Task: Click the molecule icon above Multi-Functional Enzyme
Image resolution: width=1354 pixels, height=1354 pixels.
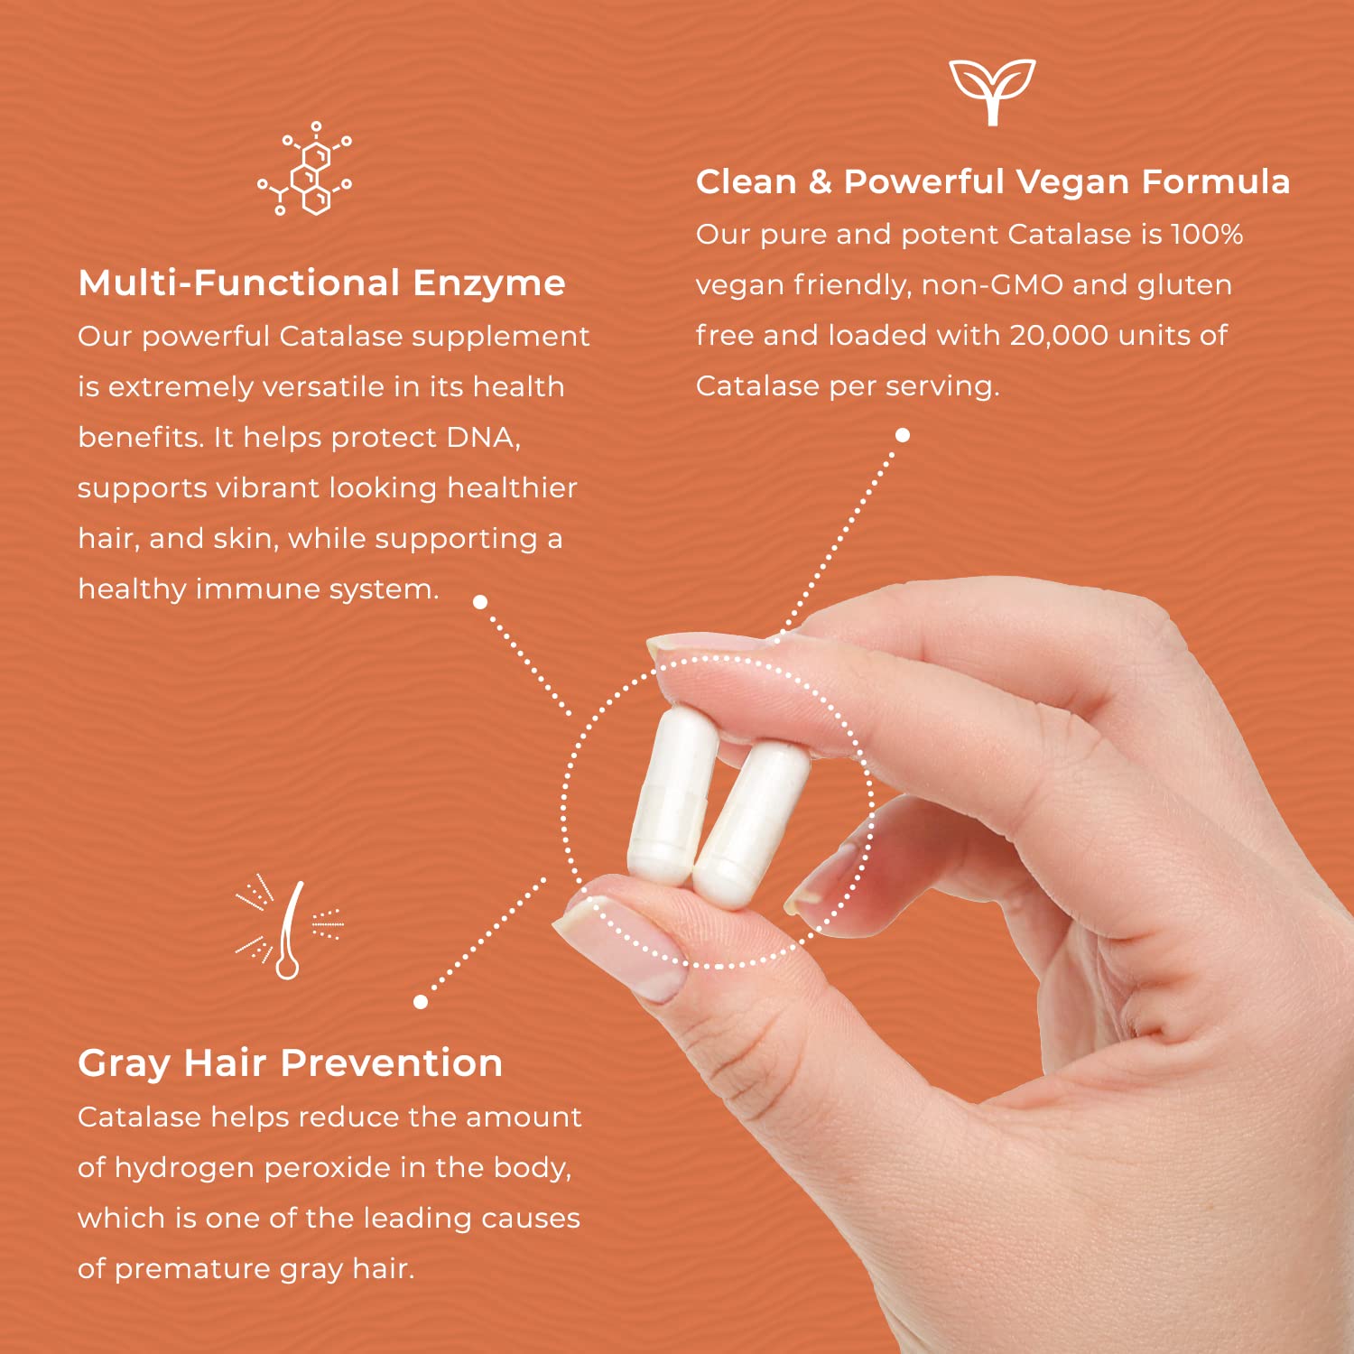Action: point(305,169)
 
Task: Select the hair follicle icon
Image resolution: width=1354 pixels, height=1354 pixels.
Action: point(289,930)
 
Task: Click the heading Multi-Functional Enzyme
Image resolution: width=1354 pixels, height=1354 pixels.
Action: point(321,283)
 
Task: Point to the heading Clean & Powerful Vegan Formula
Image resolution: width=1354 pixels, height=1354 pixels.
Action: point(992,181)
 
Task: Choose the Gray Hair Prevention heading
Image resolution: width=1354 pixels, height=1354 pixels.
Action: point(290,1063)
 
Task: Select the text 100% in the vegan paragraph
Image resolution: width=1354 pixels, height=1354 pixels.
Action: point(1207,235)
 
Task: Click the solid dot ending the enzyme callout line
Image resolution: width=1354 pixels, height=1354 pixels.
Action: point(480,602)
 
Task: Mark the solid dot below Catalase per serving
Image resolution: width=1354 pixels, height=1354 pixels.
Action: point(902,435)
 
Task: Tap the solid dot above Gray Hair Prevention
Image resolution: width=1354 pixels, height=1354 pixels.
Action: point(421,1001)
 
